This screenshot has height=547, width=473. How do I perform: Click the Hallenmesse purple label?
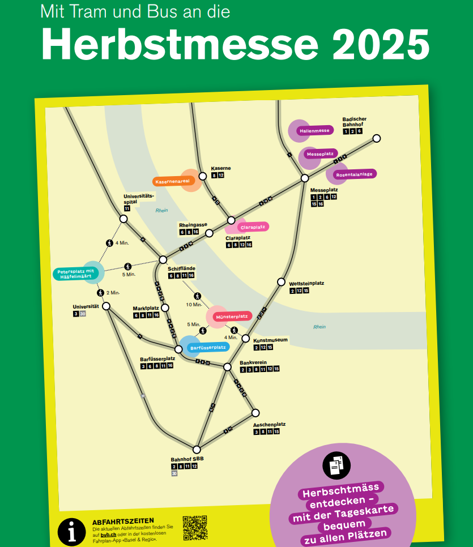[314, 131]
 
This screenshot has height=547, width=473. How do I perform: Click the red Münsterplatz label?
[232, 316]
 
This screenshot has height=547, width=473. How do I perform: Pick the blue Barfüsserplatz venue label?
[208, 347]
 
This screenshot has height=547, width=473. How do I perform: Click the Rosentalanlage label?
[354, 174]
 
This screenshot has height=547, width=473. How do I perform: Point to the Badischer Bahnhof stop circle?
[376, 138]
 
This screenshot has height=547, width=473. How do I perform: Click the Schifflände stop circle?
[163, 260]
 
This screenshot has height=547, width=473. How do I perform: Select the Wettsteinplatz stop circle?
[281, 282]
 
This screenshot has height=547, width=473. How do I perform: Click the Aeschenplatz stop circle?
[255, 412]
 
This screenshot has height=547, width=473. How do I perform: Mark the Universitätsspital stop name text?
[139, 199]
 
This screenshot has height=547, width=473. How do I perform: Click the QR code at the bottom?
[195, 527]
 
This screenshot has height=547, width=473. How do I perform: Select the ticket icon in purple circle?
[336, 465]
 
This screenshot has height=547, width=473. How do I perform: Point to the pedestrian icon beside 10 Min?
[198, 296]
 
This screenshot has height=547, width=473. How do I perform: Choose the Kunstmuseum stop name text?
[270, 340]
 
